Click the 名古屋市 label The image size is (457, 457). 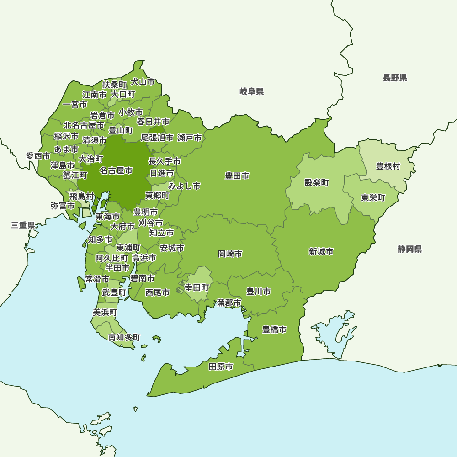click(116, 170)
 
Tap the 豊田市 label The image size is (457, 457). click(237, 175)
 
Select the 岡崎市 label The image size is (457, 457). click(230, 254)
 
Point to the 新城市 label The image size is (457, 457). click(321, 251)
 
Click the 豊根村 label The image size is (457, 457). click(388, 166)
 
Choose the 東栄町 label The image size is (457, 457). click(373, 198)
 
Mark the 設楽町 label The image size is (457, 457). click(317, 183)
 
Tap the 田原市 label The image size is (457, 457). click(221, 367)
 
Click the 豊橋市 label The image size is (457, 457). click(274, 329)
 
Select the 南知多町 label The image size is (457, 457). click(124, 337)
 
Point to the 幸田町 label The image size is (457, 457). click(197, 287)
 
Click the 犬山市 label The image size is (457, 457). click(143, 82)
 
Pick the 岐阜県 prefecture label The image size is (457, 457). click(251, 92)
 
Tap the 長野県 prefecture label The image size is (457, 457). click(395, 78)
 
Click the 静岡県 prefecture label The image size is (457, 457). click(409, 249)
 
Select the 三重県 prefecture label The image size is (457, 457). click(23, 225)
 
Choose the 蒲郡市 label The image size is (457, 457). click(229, 303)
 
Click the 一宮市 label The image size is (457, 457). click(75, 105)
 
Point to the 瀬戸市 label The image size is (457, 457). click(190, 138)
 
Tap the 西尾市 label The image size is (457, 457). click(157, 292)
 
